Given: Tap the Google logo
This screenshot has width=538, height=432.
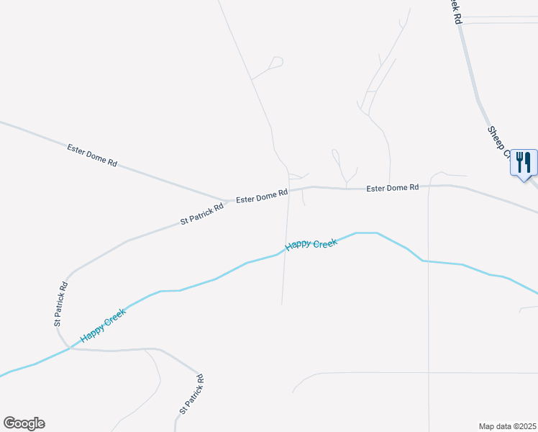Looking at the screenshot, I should (x=24, y=423).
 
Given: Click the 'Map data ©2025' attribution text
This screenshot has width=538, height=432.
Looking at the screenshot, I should (x=507, y=426).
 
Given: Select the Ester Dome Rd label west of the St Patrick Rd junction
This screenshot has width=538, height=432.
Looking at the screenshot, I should (x=92, y=155).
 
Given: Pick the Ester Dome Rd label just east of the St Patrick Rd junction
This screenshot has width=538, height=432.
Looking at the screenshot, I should (x=263, y=195).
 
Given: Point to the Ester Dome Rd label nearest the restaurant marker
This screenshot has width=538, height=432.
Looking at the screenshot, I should (x=392, y=188).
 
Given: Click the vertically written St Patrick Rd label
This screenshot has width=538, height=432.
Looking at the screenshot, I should (x=61, y=304).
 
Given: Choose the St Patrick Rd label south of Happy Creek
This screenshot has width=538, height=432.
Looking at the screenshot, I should (x=191, y=395).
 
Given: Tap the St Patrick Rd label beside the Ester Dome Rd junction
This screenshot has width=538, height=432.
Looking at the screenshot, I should (x=202, y=214).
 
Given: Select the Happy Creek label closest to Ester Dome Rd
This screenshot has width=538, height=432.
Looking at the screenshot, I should (x=311, y=245).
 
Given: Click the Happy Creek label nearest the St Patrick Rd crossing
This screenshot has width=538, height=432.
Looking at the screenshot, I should (x=104, y=325).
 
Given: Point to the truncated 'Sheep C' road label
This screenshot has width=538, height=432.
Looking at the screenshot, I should (x=498, y=142).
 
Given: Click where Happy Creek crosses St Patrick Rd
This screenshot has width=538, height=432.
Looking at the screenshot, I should (x=70, y=347).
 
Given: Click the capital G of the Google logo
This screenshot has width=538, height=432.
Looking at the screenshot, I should (x=9, y=423).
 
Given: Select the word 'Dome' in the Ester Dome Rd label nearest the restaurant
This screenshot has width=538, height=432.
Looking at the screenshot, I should (x=393, y=188).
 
